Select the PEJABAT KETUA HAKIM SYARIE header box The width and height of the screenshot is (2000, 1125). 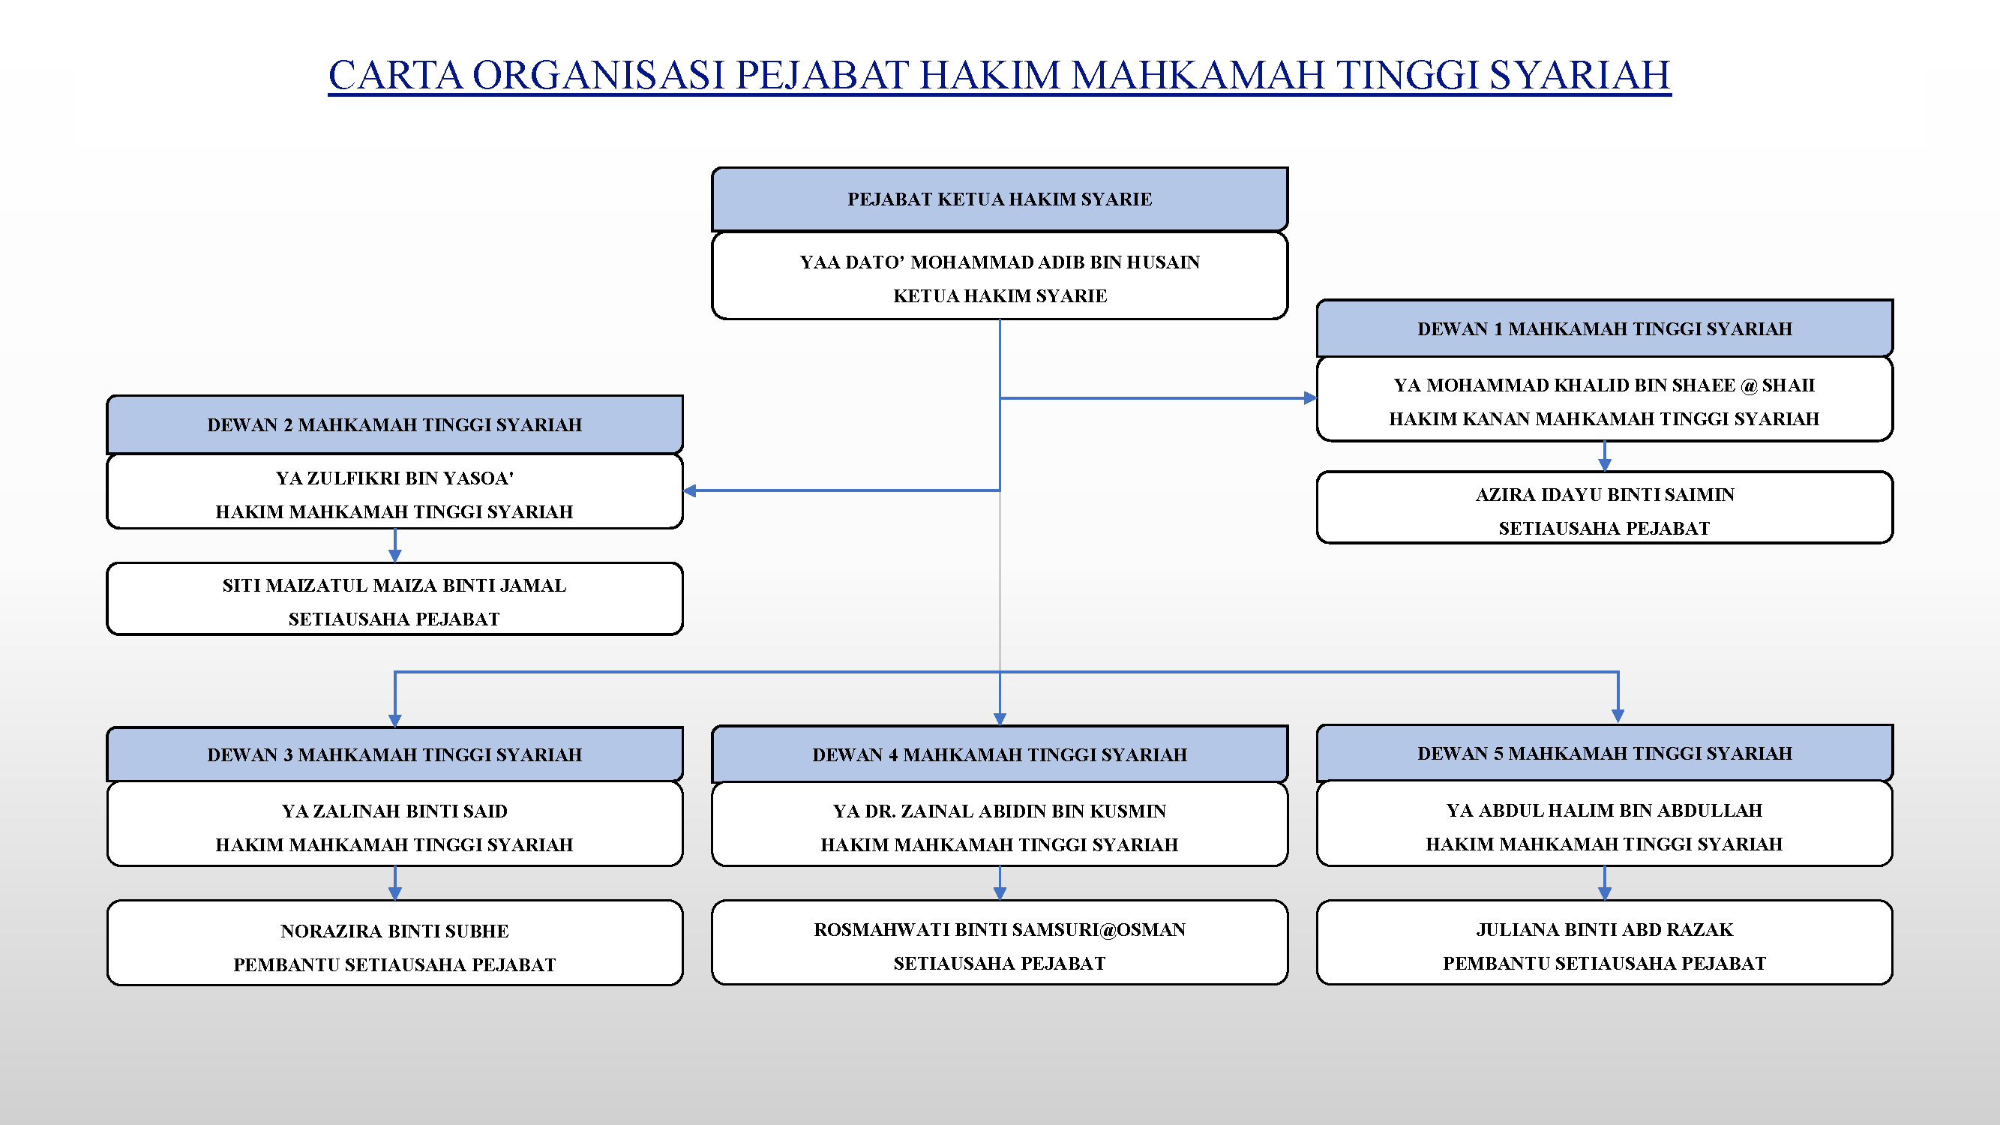point(999,199)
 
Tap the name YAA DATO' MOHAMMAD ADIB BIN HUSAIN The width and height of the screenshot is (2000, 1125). point(999,262)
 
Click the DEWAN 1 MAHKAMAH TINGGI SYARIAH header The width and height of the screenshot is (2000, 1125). point(1604,328)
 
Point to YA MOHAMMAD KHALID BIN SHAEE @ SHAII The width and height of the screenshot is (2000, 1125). point(1604,385)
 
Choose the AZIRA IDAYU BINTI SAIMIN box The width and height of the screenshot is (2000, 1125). point(1604,508)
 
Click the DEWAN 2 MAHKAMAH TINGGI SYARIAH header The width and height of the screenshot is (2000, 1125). point(394,424)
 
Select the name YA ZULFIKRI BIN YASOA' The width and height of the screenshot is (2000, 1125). point(394,478)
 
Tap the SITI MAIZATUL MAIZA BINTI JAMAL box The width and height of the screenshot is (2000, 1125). point(394,599)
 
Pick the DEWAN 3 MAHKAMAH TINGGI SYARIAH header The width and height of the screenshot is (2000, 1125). point(394,754)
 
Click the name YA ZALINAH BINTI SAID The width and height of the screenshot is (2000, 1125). point(394,811)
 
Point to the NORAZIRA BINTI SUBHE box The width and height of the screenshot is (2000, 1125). point(394,943)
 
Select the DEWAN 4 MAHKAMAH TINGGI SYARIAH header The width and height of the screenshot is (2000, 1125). point(999,754)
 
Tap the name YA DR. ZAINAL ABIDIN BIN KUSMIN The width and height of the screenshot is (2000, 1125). point(999,811)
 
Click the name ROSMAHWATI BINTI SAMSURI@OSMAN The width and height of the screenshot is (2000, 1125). point(999,930)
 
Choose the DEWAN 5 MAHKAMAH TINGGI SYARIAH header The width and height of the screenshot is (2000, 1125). point(1604,753)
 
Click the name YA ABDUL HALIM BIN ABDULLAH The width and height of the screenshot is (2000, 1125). point(1604,811)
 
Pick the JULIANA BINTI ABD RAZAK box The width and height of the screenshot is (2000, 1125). point(1604,943)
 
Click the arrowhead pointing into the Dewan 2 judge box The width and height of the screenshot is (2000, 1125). point(689,490)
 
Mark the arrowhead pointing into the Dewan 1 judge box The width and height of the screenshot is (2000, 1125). point(1311,398)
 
